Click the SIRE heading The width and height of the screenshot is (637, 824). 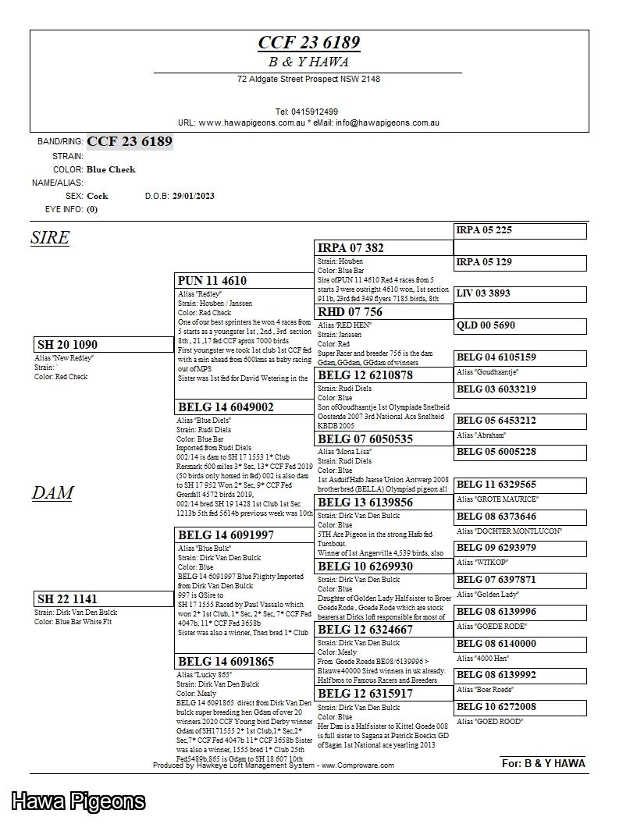pyautogui.click(x=50, y=237)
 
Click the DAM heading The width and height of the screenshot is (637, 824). pyautogui.click(x=52, y=492)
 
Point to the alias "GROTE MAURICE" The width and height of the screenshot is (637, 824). pyautogui.click(x=497, y=499)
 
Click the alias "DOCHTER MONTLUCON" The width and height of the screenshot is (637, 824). pyautogui.click(x=509, y=531)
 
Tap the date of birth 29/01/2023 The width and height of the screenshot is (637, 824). pyautogui.click(x=193, y=196)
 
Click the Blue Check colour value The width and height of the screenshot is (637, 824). pyautogui.click(x=111, y=169)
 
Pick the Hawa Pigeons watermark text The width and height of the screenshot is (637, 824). pyautogui.click(x=78, y=801)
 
